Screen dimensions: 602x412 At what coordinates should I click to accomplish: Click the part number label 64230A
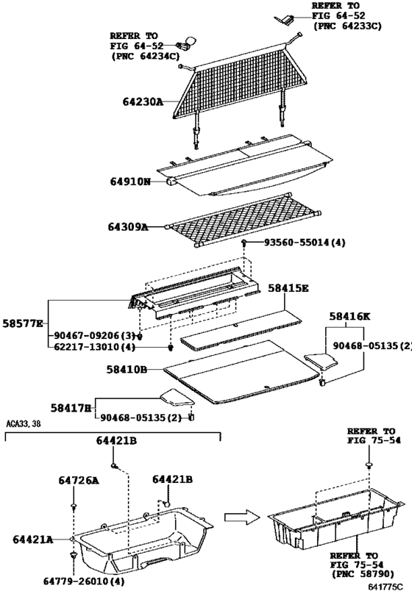pos(138,103)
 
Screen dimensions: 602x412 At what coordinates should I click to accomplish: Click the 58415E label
pos(288,289)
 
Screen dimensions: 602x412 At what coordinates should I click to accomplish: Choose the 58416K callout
pos(349,316)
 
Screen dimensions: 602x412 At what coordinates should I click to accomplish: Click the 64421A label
pos(32,540)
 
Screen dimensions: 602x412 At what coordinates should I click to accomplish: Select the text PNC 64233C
pos(348,25)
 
